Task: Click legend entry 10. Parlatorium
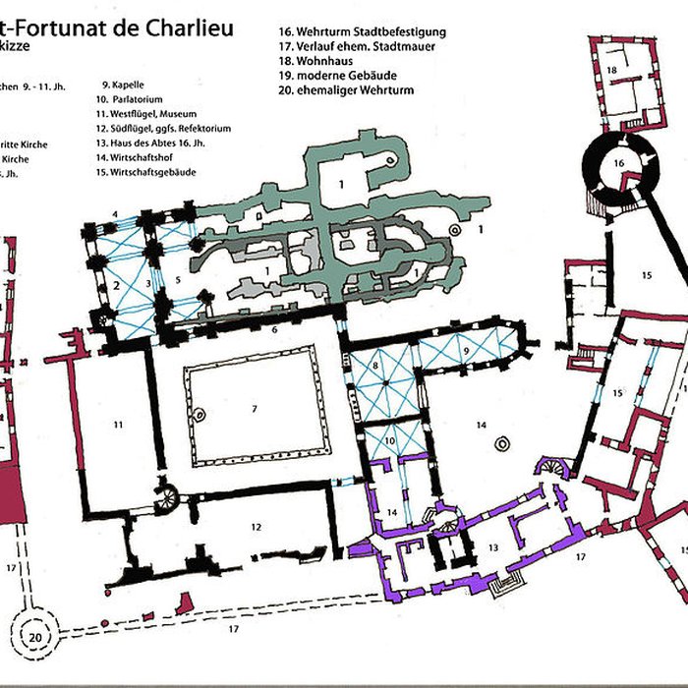[136, 99]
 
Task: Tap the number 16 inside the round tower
[619, 162]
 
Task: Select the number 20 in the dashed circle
[35, 637]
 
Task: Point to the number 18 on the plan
[611, 70]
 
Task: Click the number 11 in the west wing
[118, 425]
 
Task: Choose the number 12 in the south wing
[256, 528]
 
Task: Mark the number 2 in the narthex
[116, 285]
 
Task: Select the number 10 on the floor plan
[389, 441]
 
